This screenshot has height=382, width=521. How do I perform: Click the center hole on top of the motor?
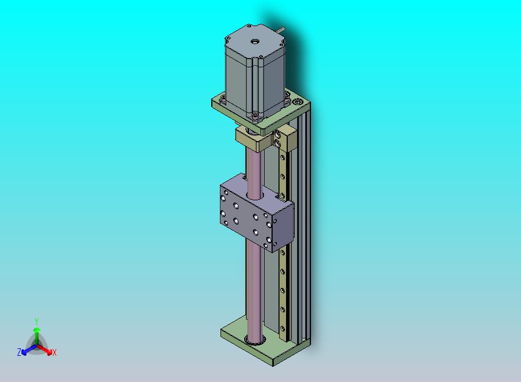tap(255, 42)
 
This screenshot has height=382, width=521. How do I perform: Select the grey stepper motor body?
tap(255, 73)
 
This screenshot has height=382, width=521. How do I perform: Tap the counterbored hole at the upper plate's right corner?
tap(298, 101)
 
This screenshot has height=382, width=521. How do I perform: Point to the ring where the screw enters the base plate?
tap(255, 340)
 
